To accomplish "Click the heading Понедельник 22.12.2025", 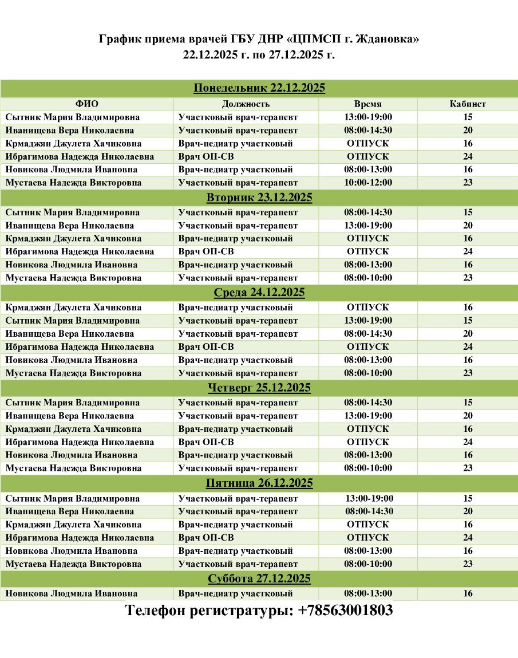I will point(259,88).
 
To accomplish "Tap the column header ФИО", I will point(87,104).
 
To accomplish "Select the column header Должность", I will point(246,104).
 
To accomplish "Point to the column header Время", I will point(368,104).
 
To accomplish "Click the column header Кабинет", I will point(468,104).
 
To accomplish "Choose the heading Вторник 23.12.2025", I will point(259,198).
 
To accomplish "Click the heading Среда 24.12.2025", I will point(259,293).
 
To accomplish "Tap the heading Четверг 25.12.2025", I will point(259,388).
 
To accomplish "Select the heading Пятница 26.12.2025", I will point(259,483).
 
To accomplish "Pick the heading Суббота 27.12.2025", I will point(259,578).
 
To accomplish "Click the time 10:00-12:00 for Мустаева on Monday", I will point(368,183).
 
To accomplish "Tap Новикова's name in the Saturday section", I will point(72,593).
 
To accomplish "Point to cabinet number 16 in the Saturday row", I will point(468,593).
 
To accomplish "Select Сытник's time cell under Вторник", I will point(368,212).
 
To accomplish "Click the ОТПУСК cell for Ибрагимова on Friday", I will point(368,538).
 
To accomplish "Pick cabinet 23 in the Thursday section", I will point(468,468).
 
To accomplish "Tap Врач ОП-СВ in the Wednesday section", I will point(206,346).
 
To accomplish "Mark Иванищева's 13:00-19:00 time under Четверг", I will point(368,416).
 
